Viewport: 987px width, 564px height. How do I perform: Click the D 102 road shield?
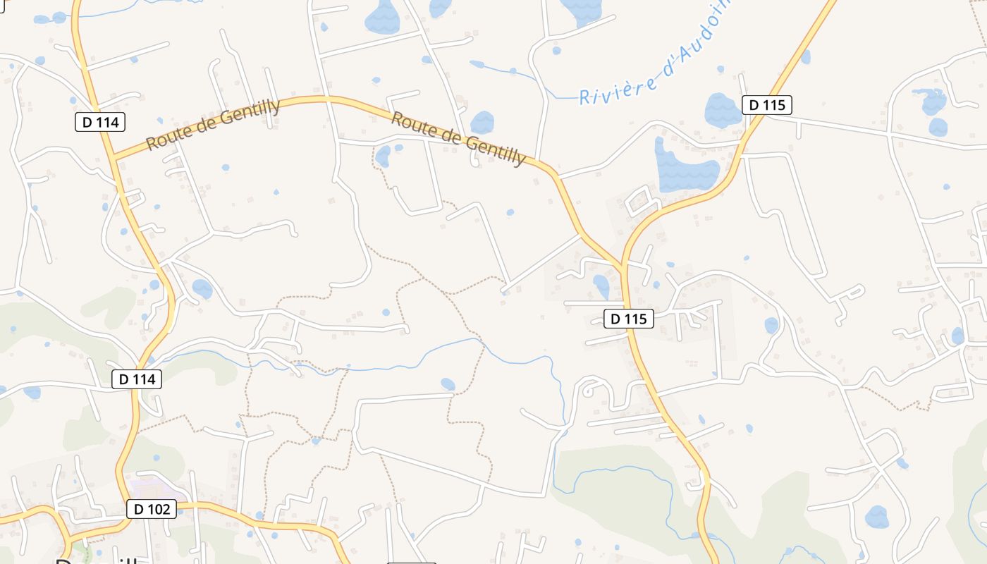(x=152, y=509)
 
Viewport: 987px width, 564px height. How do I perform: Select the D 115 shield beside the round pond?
(x=767, y=106)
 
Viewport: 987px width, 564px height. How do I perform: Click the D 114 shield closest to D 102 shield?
(x=137, y=379)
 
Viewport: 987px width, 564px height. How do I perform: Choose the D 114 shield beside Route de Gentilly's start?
(x=100, y=122)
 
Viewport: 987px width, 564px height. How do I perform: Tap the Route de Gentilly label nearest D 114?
(x=213, y=125)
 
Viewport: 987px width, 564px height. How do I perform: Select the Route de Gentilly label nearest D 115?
(x=458, y=138)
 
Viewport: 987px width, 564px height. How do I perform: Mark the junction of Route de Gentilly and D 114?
(x=113, y=158)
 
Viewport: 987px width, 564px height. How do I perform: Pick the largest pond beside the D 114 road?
(x=202, y=288)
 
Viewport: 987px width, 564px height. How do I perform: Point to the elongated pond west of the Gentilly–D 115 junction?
(x=601, y=286)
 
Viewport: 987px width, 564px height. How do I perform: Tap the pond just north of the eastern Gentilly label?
(x=482, y=121)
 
